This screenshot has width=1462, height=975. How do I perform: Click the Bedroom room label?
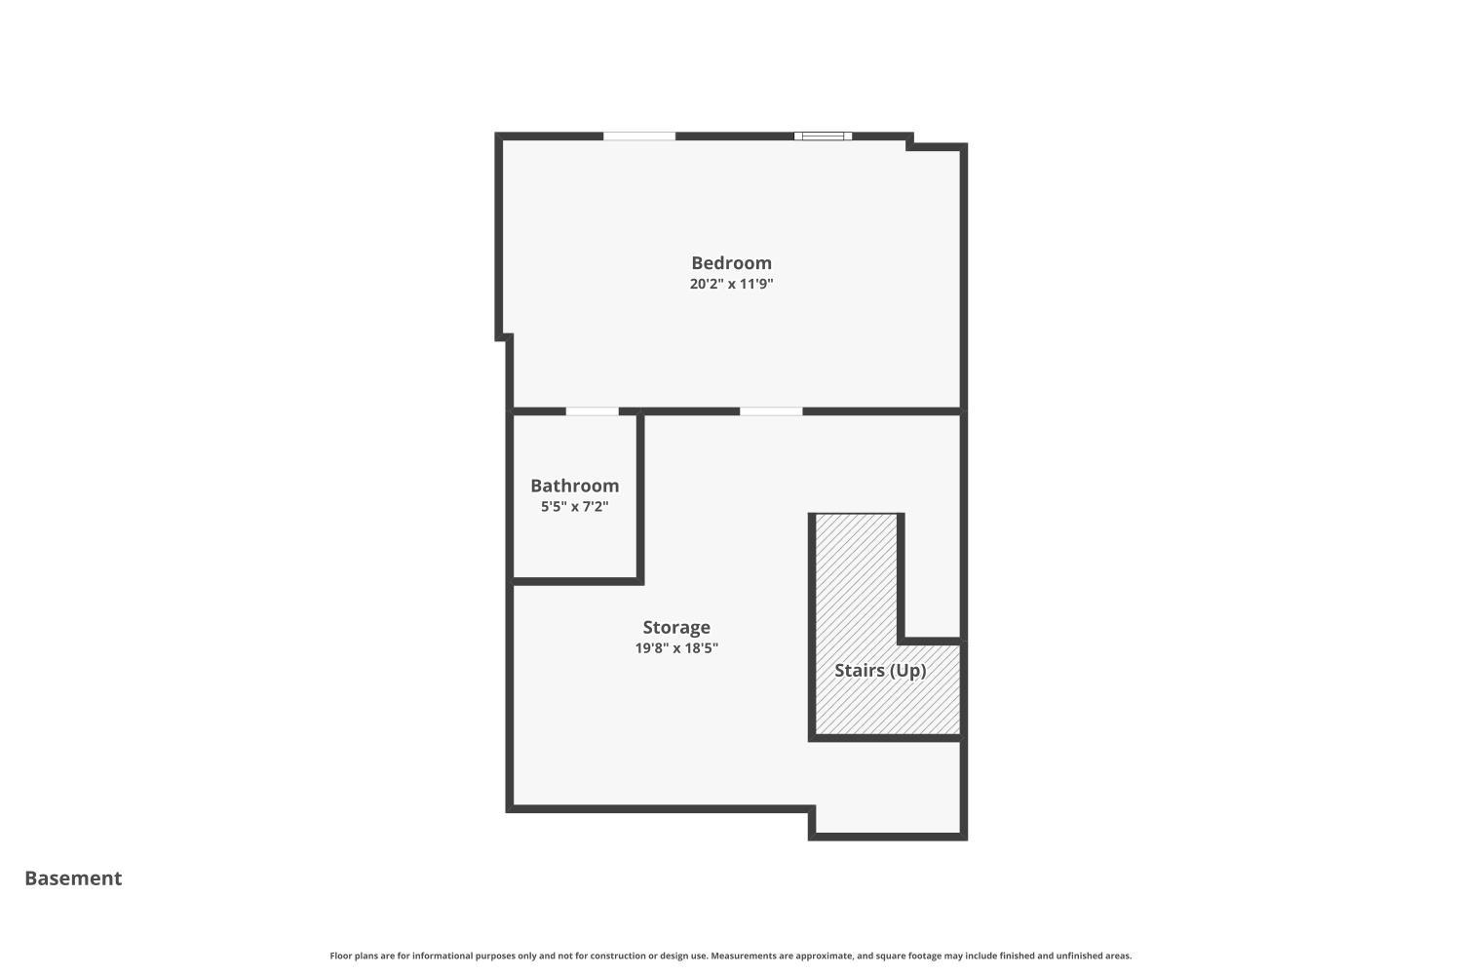731,263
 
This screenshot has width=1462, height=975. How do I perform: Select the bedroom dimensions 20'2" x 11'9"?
731,285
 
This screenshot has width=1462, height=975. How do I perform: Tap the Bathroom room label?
574,486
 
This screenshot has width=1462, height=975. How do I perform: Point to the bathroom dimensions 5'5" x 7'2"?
574,507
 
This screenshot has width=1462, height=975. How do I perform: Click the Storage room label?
676,627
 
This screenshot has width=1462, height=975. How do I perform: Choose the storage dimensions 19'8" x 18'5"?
676,648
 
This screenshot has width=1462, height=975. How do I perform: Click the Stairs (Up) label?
880,671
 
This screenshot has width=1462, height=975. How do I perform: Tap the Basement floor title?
73,878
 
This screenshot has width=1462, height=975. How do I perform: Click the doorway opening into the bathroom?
592,411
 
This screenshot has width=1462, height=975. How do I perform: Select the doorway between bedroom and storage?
771,411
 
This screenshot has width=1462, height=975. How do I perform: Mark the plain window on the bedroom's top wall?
639,136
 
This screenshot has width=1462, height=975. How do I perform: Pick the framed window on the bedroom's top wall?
823,136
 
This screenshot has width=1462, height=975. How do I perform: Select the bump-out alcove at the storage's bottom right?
887,819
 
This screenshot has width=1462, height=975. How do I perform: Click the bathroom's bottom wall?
575,581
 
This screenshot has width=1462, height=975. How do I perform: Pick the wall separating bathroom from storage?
640,497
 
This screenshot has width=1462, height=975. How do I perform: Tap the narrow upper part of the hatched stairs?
857,575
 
